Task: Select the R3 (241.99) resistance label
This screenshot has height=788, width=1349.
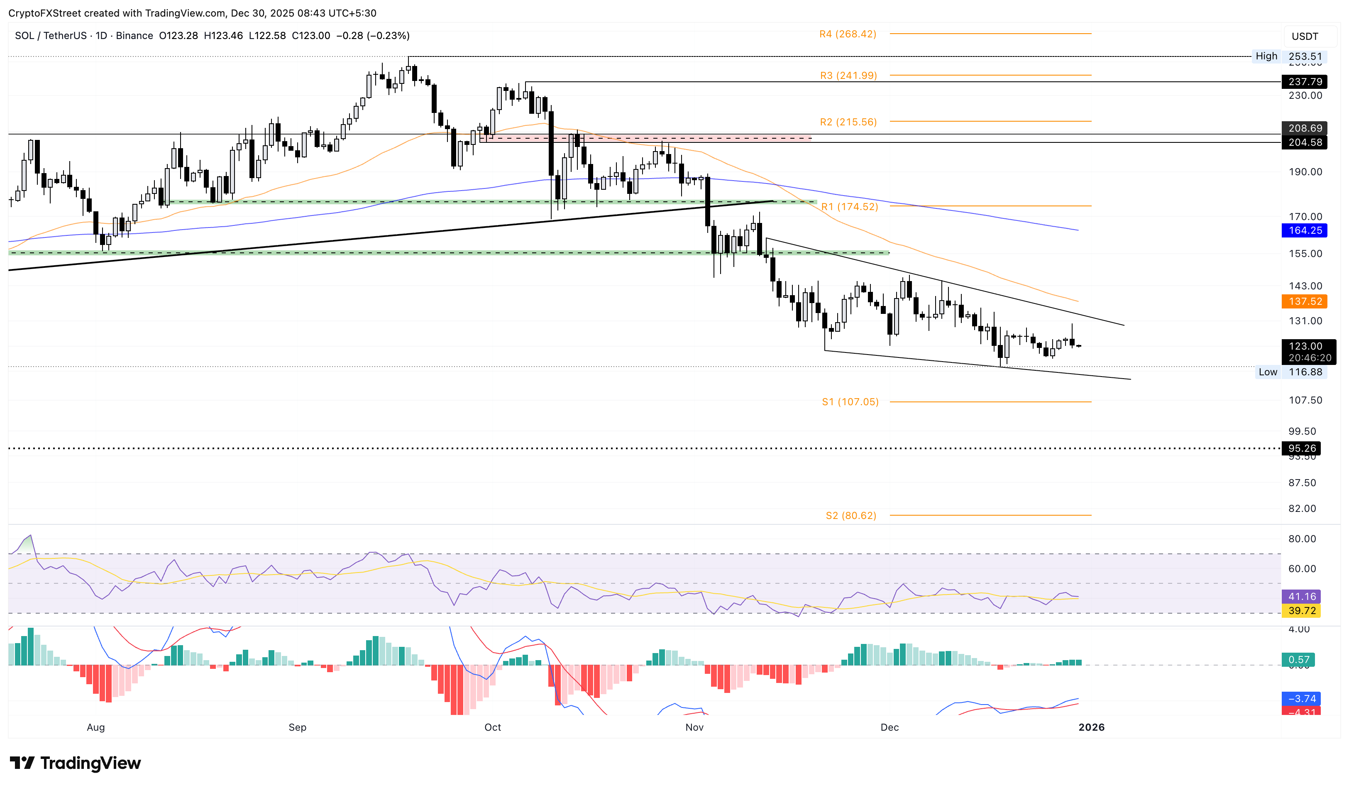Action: pyautogui.click(x=848, y=76)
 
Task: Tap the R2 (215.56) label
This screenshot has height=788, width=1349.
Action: pyautogui.click(x=848, y=122)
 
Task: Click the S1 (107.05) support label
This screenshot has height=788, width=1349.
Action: pyautogui.click(x=850, y=401)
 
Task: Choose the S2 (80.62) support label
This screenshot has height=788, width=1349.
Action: pyautogui.click(x=850, y=516)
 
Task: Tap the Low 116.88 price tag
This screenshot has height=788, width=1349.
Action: pyautogui.click(x=1290, y=372)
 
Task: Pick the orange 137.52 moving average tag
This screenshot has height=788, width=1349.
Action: pyautogui.click(x=1305, y=301)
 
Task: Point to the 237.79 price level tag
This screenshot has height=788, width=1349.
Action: pyautogui.click(x=1305, y=82)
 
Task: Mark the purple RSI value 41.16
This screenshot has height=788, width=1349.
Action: pyautogui.click(x=1301, y=596)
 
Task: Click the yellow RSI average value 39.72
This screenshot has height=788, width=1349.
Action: pyautogui.click(x=1301, y=611)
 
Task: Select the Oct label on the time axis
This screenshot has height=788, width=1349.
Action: pyautogui.click(x=493, y=727)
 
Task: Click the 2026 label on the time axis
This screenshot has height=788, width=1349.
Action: pyautogui.click(x=1091, y=727)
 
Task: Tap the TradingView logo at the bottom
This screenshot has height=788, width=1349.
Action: pyautogui.click(x=76, y=763)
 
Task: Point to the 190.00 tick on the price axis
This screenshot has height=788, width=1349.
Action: pyautogui.click(x=1305, y=172)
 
